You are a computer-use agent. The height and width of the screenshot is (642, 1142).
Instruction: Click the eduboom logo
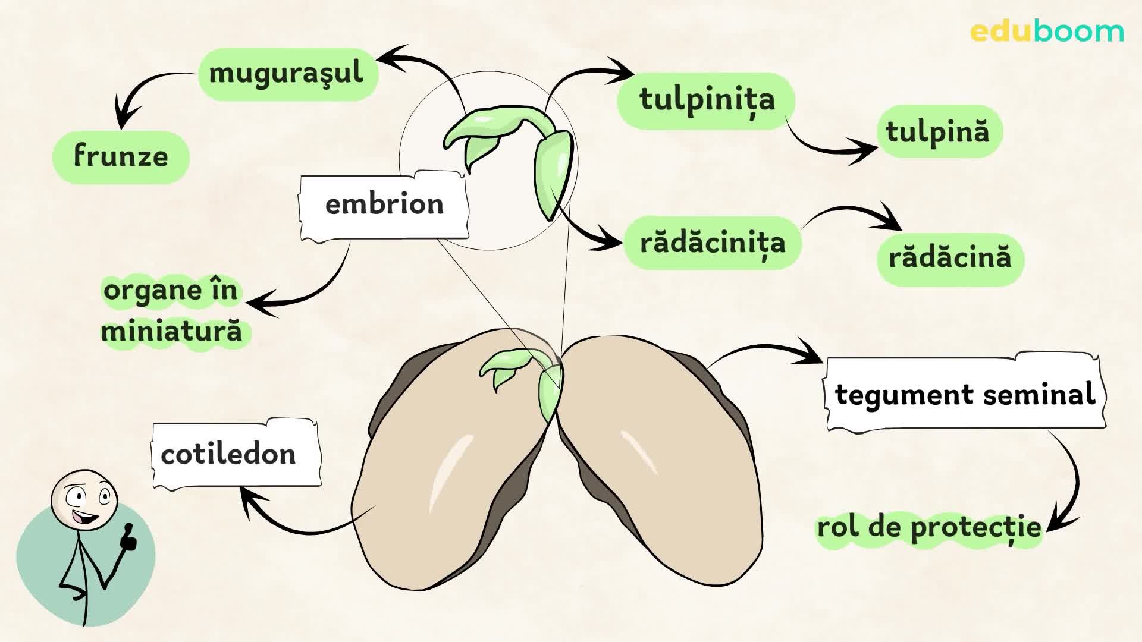coord(1046,32)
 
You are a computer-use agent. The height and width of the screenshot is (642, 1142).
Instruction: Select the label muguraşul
coord(287,74)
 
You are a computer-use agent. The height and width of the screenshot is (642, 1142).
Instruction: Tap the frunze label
coord(121,157)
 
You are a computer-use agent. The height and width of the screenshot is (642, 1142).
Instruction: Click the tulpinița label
coord(707,100)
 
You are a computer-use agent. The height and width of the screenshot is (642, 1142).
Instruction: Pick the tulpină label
coord(938,132)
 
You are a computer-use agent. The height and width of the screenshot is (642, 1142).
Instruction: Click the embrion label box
coord(384,205)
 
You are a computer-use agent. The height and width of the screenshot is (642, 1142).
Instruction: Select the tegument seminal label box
coord(964,395)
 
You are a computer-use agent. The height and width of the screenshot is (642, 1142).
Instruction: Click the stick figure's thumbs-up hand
coord(128,538)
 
